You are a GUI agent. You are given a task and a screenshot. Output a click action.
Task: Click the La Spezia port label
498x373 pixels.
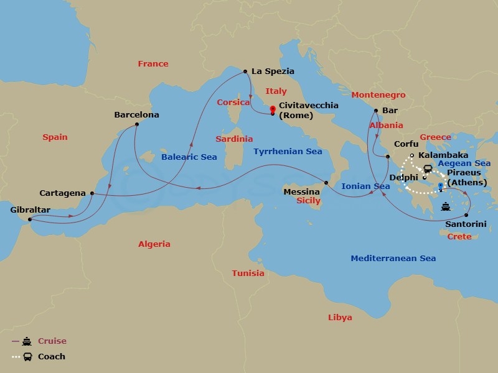pos(273,71)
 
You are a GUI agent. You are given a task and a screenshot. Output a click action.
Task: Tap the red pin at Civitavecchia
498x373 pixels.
pos(273,109)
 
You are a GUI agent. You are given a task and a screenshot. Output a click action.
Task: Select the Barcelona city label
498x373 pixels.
pos(136,115)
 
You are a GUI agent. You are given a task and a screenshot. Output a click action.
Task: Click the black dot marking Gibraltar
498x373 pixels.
pos(30,219)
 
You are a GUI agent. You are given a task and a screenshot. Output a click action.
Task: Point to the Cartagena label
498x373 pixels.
pos(62,193)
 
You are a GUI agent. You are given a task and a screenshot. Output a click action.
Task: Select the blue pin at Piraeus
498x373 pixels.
pos(440,185)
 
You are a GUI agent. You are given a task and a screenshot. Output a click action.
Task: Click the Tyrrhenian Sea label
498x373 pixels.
pos(288,151)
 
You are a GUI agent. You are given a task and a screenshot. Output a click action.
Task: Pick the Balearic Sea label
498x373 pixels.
pos(189,157)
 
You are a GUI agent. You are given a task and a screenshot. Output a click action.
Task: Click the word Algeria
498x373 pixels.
pos(154,244)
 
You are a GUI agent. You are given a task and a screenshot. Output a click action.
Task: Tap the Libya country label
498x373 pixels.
pos(340,318)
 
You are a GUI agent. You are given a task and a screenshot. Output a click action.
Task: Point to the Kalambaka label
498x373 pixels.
pos(443,155)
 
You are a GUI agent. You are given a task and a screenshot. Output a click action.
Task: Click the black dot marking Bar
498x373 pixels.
pos(375,111)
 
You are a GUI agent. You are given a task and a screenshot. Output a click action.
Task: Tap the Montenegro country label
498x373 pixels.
pos(378,95)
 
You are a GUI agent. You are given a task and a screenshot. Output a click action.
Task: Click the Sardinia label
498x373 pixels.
pos(234,139)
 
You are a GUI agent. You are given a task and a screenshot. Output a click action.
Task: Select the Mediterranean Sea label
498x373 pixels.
pos(393,258)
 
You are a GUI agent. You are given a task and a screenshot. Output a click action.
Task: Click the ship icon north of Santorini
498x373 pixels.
pos(445,206)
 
